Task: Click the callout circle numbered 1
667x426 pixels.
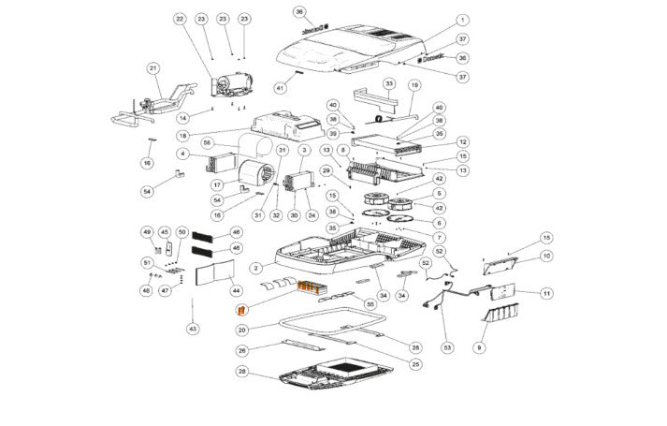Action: [x=463, y=20]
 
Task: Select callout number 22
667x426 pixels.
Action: [x=180, y=19]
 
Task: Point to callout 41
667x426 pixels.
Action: [x=279, y=87]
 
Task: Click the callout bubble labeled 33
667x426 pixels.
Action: [x=387, y=83]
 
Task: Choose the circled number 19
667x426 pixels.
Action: [x=413, y=85]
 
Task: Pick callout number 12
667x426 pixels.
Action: [x=463, y=141]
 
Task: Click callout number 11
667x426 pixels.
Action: [x=546, y=293]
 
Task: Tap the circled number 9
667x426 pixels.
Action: [x=480, y=347]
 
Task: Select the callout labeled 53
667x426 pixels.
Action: [x=446, y=347]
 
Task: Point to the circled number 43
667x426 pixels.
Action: [x=194, y=329]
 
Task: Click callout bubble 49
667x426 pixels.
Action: [x=147, y=231]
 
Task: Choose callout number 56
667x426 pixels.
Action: [x=209, y=142]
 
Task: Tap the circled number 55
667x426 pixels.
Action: [x=370, y=305]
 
